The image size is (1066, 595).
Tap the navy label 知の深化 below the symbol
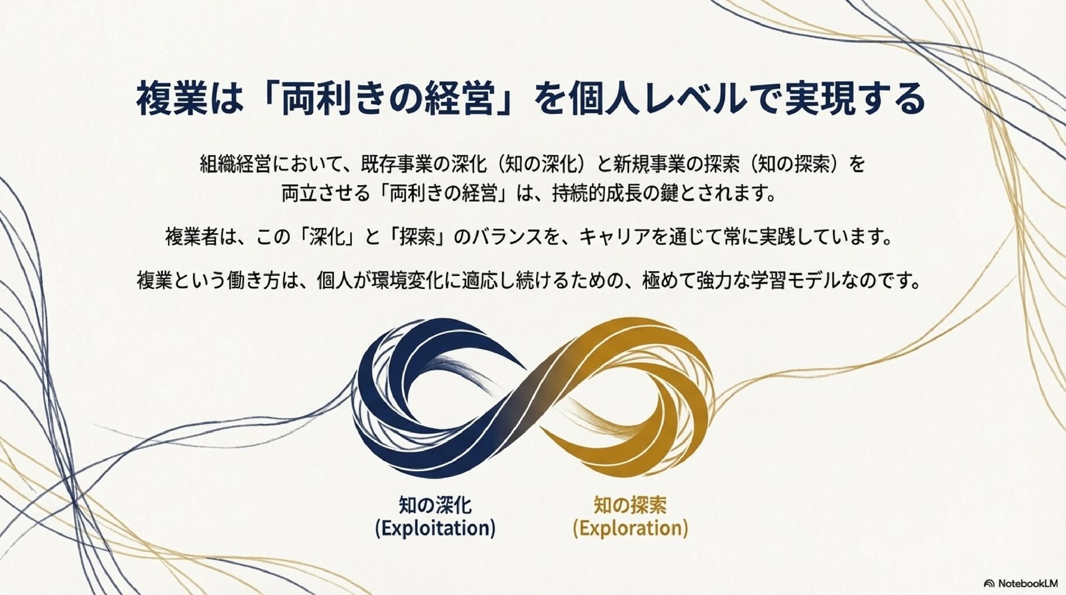(435, 505)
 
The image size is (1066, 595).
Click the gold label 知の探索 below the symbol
(630, 505)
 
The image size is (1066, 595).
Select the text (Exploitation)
(435, 529)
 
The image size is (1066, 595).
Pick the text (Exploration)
(630, 529)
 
